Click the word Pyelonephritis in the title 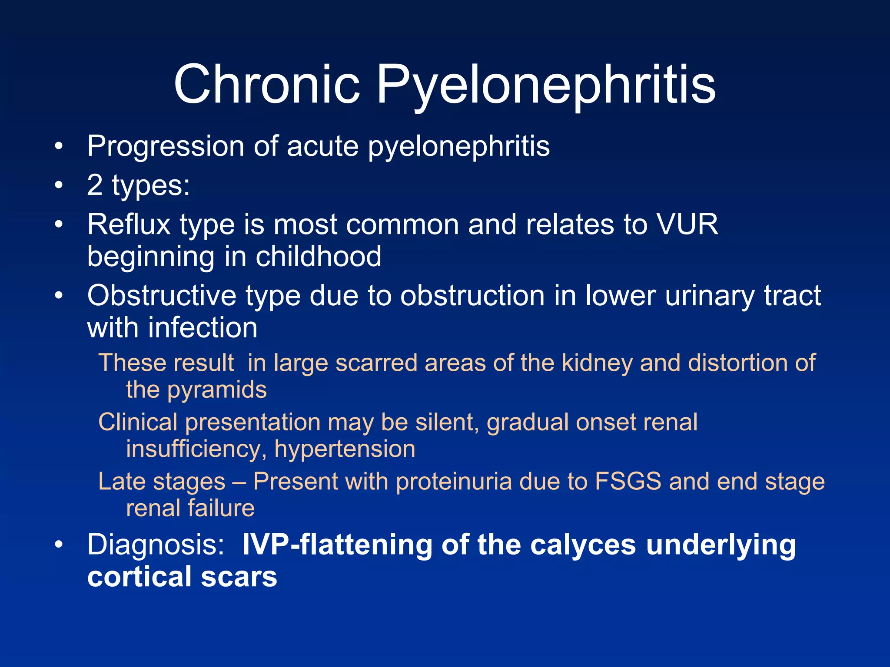[546, 85]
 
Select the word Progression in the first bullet [166, 146]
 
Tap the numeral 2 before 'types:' [95, 185]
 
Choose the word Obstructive [161, 296]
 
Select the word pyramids [217, 390]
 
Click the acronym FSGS [628, 481]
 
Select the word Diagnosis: [156, 545]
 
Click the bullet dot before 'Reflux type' [59, 225]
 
